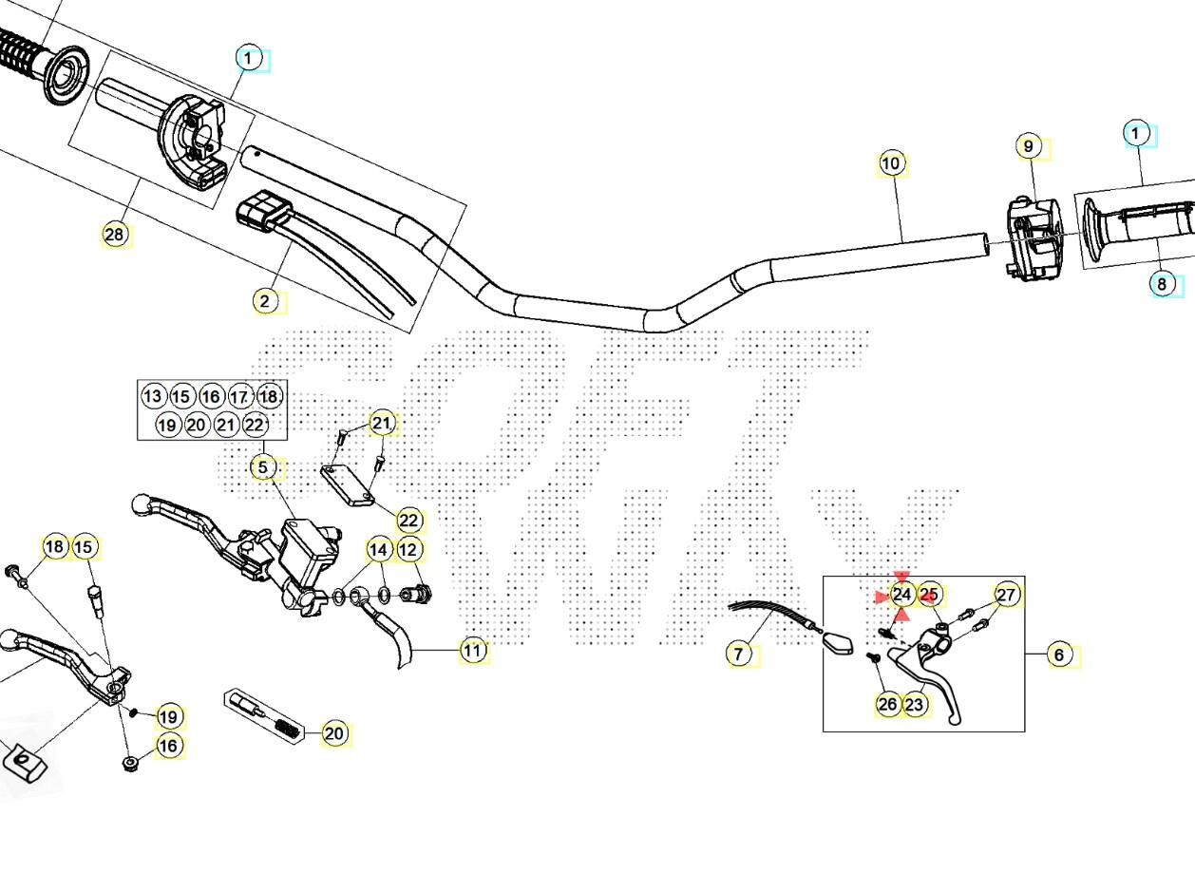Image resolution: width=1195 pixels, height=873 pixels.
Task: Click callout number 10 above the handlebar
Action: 890,163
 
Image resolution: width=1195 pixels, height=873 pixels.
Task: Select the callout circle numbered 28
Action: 115,234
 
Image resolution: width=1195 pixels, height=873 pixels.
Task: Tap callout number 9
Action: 1028,147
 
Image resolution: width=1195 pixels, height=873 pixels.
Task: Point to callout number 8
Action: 1161,283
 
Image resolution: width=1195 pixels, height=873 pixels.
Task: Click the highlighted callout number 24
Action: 901,596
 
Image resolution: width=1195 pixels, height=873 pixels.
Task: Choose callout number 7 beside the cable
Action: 740,654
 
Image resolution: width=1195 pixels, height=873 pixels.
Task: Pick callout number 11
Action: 472,651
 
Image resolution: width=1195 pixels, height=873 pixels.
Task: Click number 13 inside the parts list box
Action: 153,396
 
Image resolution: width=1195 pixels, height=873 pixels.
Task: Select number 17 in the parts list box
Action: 240,396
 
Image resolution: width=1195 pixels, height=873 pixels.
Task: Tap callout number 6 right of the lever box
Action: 1059,655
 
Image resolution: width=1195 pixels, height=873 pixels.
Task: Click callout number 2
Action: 265,302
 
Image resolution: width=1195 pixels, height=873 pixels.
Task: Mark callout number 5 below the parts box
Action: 264,467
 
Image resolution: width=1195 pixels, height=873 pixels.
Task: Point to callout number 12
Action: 408,549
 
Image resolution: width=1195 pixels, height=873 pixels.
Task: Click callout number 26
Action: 887,704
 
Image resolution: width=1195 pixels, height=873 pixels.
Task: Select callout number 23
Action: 915,704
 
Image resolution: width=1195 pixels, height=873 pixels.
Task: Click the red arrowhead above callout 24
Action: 901,577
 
